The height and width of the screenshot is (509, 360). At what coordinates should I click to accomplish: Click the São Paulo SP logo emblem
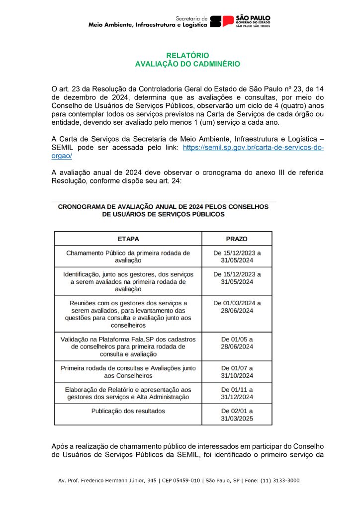pos(222,21)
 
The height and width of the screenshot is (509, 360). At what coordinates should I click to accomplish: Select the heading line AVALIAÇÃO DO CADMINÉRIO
pos(187,64)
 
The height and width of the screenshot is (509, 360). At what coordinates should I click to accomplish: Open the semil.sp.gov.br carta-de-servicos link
pos(253,148)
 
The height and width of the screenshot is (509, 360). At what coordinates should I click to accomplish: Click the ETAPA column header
pos(128,239)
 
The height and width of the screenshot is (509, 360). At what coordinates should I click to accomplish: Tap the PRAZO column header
pos(237,239)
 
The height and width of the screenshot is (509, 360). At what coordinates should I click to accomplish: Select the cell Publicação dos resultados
pos(128,411)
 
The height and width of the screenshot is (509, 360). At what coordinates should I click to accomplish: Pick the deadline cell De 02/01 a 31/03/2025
pos(237,415)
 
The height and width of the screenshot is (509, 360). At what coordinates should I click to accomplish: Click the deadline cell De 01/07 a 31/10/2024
pos(237,372)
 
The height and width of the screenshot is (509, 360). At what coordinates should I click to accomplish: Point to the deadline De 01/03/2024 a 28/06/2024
pos(237,307)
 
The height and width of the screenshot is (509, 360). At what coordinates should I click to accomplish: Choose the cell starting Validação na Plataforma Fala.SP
pos(128,346)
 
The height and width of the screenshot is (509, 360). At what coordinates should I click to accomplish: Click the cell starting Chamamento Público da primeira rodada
pos(128,256)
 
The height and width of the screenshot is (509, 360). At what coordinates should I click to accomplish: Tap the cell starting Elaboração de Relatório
pos(128,393)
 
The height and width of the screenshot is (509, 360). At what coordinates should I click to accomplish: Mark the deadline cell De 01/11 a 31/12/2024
pos(237,393)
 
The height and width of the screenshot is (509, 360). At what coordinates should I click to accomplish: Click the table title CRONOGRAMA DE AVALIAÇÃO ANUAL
pos(163,210)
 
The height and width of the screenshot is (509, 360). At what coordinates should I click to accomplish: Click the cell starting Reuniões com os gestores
pos(128,314)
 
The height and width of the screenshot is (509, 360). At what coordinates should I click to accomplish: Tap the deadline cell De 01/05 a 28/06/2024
pos(237,342)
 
